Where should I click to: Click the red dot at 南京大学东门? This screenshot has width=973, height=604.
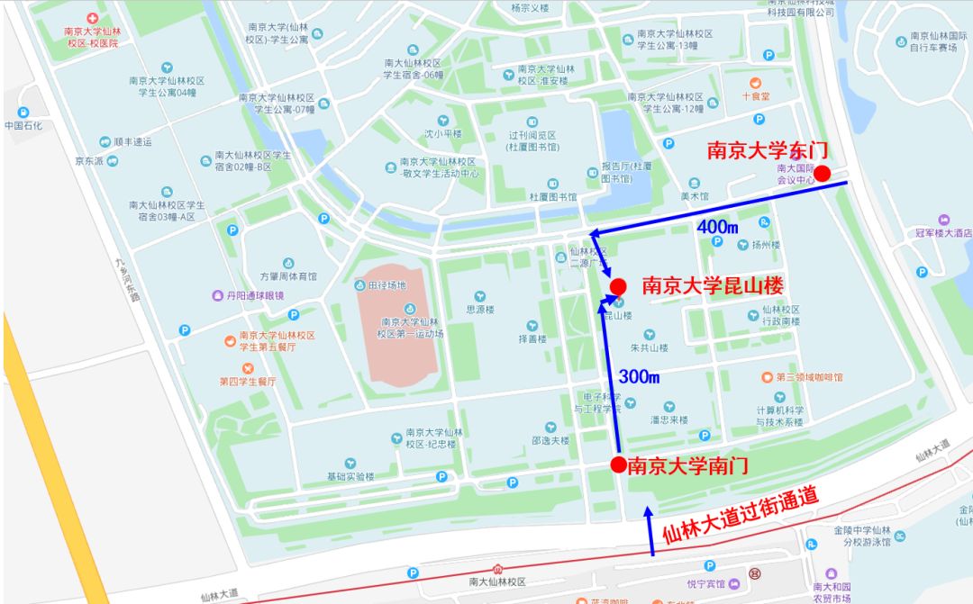[x=823, y=174]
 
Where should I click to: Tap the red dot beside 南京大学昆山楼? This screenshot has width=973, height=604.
[x=618, y=286]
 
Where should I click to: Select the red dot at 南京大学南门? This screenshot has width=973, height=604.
[x=618, y=464]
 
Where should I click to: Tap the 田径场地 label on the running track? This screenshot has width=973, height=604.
[x=386, y=285]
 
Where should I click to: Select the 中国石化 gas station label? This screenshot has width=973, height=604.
[x=23, y=125]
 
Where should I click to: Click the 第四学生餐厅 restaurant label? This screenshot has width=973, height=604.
[x=248, y=381]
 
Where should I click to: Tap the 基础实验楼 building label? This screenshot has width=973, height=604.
[x=350, y=476]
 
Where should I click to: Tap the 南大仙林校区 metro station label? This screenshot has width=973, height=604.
[x=496, y=583]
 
